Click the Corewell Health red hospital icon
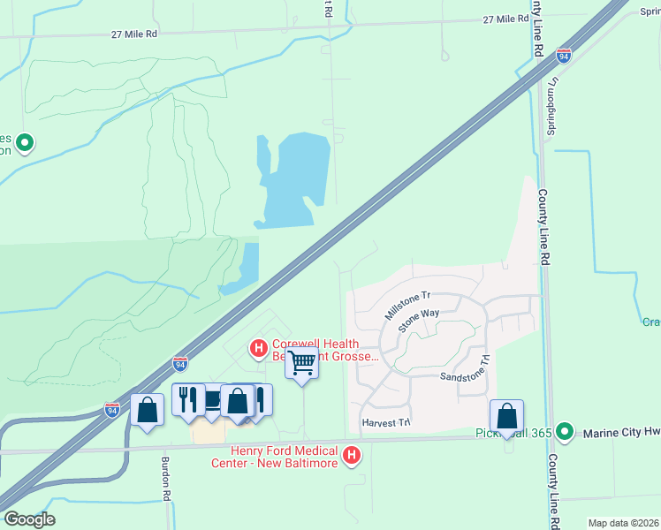click(258, 348)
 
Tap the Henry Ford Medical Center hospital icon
click(352, 456)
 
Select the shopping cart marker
click(302, 362)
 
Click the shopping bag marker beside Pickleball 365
click(506, 415)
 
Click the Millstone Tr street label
click(407, 305)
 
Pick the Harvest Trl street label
click(387, 423)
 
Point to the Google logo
click(29, 519)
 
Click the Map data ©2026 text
click(623, 523)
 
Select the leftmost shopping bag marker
click(147, 409)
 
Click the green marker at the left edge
click(25, 141)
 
